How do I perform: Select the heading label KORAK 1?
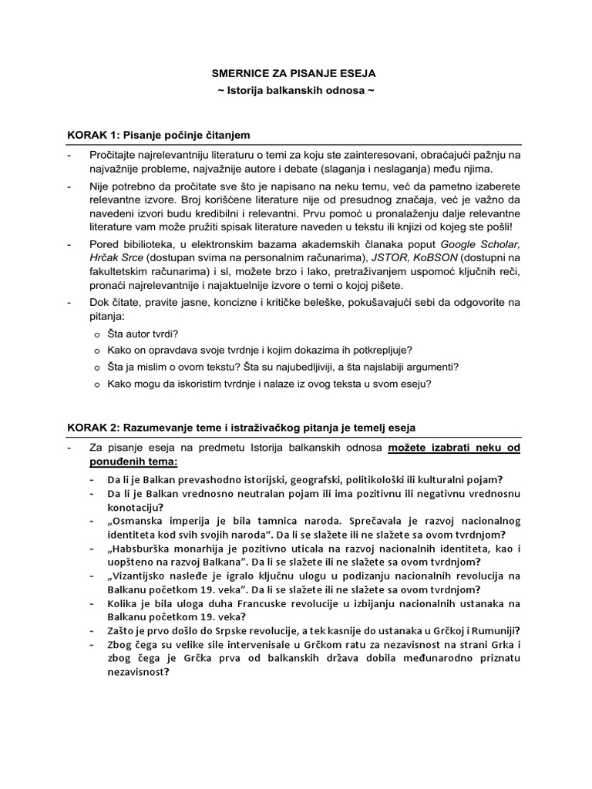coord(92,135)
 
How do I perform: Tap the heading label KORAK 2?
coord(92,426)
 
